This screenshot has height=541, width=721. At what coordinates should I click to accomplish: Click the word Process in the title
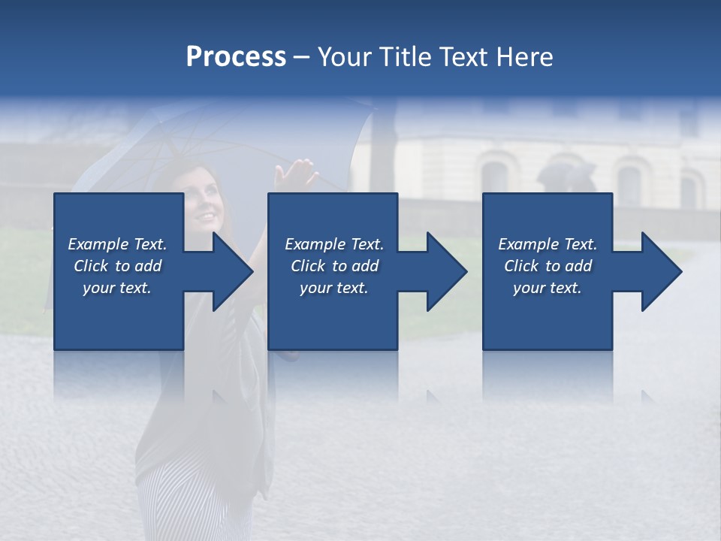236,57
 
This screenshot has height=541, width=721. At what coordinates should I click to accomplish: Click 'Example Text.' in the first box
117,244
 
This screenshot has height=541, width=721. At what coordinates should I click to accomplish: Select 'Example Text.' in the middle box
333,244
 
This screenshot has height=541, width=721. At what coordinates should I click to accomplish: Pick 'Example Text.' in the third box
548,244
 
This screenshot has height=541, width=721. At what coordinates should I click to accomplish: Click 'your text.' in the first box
117,288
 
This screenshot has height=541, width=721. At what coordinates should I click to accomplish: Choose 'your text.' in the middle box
333,288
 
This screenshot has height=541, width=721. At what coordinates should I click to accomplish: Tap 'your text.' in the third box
548,288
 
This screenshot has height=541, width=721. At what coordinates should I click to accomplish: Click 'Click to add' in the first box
117,266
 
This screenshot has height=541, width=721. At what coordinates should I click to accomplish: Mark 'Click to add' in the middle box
333,266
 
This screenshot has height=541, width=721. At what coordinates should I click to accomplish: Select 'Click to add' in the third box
548,266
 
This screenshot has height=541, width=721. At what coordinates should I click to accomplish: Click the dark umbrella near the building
565,175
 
